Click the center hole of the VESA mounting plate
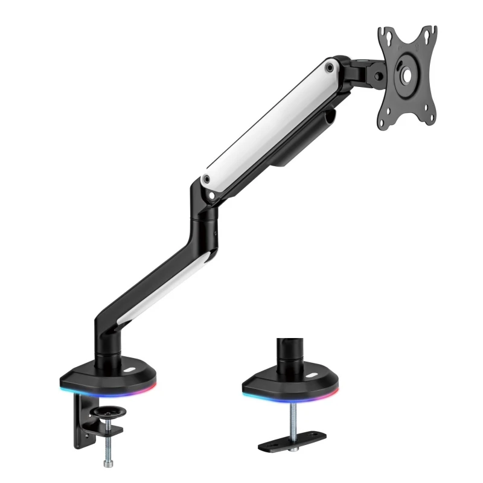pos(406,75)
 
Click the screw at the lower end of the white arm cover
pos(207,179)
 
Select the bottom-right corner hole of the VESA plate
pos(429,117)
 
